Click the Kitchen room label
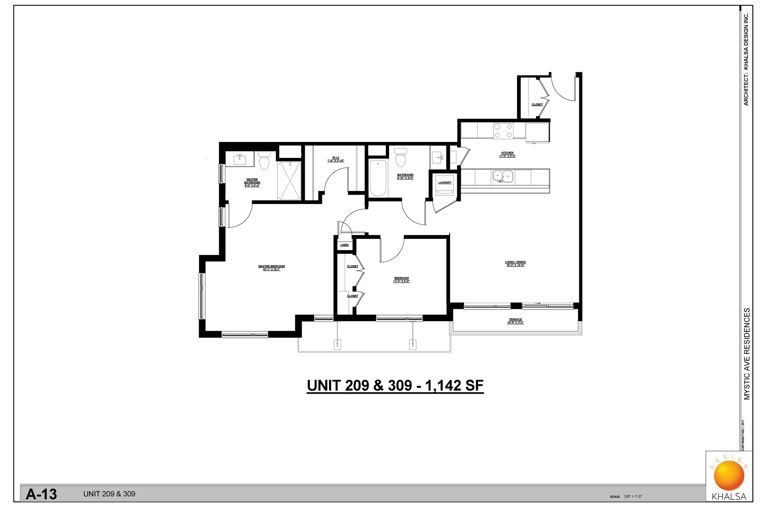[507, 153]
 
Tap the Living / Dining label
[515, 262]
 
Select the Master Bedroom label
[271, 266]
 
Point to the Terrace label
[515, 320]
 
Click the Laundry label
[445, 183]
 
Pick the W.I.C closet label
[336, 158]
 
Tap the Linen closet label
[344, 245]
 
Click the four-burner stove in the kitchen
[503, 130]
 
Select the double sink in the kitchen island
[502, 176]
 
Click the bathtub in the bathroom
[378, 178]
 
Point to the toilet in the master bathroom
[264, 161]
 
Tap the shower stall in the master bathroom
[289, 180]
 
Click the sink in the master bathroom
[240, 159]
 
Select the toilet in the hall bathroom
[401, 158]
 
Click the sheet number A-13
[41, 494]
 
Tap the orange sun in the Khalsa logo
[729, 475]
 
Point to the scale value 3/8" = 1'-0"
[633, 497]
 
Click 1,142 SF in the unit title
[454, 386]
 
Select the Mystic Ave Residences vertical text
[747, 353]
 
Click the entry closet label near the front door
[537, 105]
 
